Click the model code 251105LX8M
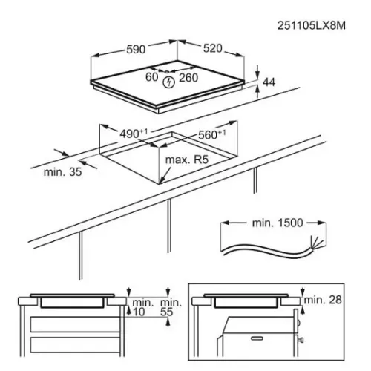(311, 25)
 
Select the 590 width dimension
(136, 50)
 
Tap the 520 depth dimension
(213, 48)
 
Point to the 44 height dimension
(269, 82)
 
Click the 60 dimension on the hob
(151, 77)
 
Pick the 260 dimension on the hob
(188, 78)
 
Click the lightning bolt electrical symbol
(168, 82)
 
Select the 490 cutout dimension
(134, 134)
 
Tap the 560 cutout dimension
(212, 134)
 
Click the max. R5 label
(187, 160)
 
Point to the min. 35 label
(62, 172)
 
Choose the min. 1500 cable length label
(278, 223)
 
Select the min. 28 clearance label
(323, 300)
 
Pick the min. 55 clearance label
(171, 307)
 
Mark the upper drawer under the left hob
(76, 324)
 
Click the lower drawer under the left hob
(76, 345)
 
